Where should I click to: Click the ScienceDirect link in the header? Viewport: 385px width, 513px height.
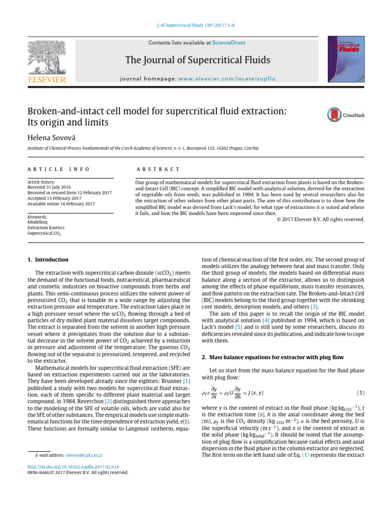(229, 43)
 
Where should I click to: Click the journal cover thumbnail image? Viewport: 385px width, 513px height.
(346, 59)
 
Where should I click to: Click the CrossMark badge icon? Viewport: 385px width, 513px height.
(346, 115)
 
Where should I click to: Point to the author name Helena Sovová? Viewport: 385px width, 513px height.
(53, 136)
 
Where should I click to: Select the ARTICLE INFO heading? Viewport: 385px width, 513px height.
(59, 170)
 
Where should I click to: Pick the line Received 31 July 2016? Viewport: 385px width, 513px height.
(51, 187)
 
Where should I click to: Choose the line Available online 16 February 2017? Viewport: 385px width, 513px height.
(61, 204)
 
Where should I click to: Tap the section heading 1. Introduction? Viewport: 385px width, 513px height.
(47, 260)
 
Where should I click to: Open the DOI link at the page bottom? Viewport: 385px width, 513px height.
(73, 466)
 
